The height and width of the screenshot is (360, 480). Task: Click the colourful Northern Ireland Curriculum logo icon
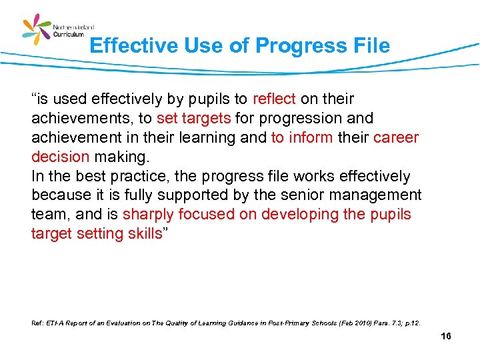pyautogui.click(x=37, y=30)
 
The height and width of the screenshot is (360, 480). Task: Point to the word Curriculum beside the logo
pyautogui.click(x=69, y=34)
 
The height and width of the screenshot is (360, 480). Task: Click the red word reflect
pyautogui.click(x=274, y=99)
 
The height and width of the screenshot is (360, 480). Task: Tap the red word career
pyautogui.click(x=396, y=138)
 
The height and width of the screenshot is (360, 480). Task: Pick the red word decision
pyautogui.click(x=60, y=157)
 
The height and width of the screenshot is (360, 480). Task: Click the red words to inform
pyautogui.click(x=297, y=138)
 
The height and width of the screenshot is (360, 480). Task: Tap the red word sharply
pyautogui.click(x=148, y=215)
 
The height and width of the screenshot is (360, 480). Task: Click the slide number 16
pyautogui.click(x=446, y=336)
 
